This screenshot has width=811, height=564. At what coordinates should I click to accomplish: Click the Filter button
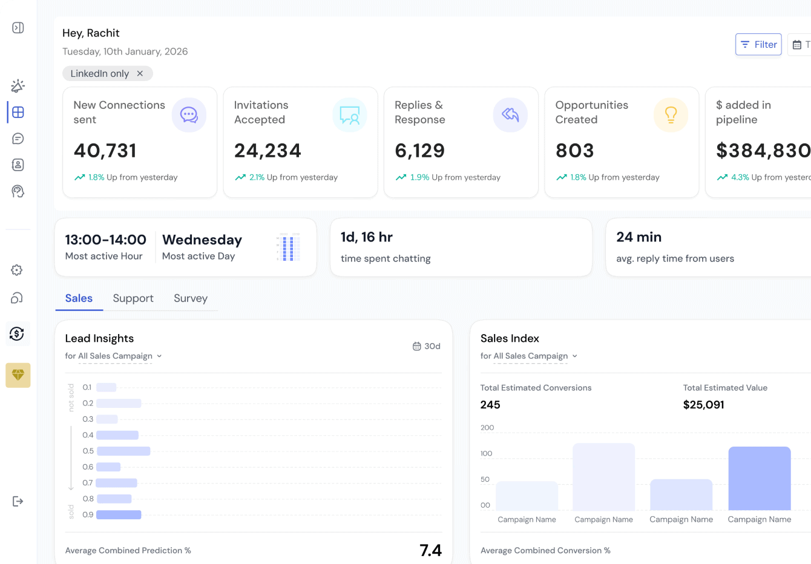[x=758, y=44]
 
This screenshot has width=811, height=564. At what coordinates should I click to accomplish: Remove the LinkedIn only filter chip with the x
[x=140, y=73]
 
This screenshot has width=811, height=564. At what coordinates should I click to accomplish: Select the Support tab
[x=133, y=298]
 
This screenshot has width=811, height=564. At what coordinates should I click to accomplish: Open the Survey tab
[x=191, y=298]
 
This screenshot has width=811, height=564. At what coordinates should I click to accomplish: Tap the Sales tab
[x=79, y=298]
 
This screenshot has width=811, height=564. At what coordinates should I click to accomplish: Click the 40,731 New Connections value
[x=105, y=151]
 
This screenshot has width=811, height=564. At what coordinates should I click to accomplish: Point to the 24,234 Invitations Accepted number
[x=268, y=151]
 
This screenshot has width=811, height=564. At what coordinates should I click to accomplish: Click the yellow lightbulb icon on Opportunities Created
[x=671, y=115]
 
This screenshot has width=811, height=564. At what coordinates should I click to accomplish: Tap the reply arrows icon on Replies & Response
[x=510, y=115]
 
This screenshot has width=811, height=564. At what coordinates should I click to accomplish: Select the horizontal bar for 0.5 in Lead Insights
[x=123, y=451]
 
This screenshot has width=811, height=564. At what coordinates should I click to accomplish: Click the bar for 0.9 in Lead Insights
[x=119, y=515]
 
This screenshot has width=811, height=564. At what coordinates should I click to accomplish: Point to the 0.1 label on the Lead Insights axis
[x=87, y=387]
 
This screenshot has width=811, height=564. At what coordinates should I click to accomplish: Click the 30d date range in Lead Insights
[x=427, y=346]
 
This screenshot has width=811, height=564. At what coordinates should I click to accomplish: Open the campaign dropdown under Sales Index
[x=529, y=356]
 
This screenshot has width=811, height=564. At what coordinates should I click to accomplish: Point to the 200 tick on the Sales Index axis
[x=487, y=428]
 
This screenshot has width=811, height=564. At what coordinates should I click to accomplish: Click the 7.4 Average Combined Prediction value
[x=430, y=550]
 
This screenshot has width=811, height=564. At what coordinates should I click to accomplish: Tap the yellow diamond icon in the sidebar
[x=18, y=375]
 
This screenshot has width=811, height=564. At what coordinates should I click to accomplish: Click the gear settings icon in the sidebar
[x=17, y=270]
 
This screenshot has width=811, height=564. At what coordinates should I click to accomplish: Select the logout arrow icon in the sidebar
[x=18, y=501]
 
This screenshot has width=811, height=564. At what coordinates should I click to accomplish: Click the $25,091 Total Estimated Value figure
[x=703, y=405]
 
